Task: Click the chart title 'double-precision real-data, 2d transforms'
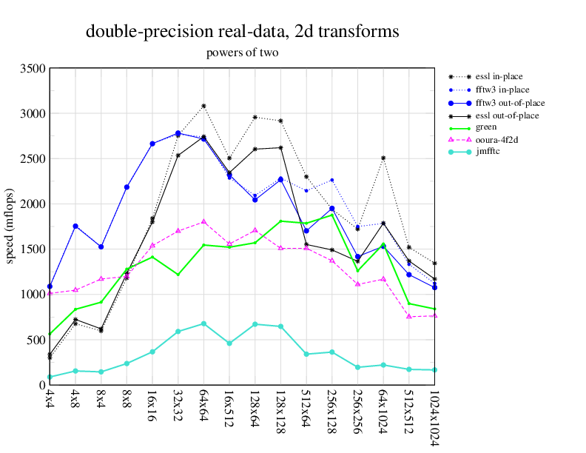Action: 243,31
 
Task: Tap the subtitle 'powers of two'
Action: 243,53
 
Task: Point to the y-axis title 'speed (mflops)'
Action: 10,226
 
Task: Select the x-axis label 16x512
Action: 229,406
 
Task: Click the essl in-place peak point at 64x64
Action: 203,106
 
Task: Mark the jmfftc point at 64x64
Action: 203,323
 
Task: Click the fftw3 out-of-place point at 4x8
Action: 75,226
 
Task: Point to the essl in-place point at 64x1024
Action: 383,158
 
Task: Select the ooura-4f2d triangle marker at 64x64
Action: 203,221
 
